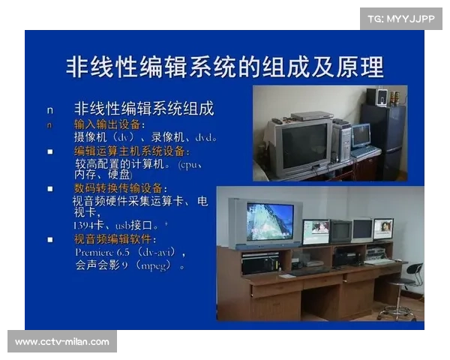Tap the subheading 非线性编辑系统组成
pyautogui.click(x=143, y=109)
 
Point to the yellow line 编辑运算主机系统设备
pyautogui.click(x=124, y=151)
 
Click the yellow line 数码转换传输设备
pyautogui.click(x=119, y=187)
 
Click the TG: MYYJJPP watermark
pyautogui.click(x=401, y=18)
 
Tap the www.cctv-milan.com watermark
pyautogui.click(x=62, y=342)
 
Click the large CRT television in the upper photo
pyautogui.click(x=300, y=145)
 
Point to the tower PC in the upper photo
pyautogui.click(x=340, y=142)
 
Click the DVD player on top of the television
pyautogui.click(x=311, y=116)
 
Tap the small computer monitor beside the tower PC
pyautogui.click(x=361, y=136)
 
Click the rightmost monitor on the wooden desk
pyautogui.click(x=382, y=228)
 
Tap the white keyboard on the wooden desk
pyautogui.click(x=379, y=262)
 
